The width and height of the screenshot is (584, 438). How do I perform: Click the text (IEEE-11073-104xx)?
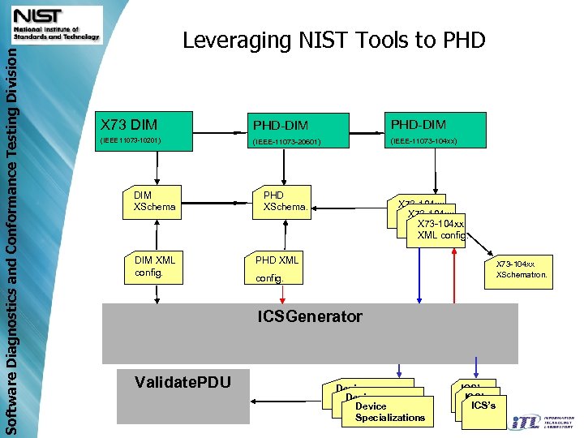(423, 141)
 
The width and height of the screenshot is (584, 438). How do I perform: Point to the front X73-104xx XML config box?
(438, 230)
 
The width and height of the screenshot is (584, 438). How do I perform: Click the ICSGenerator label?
(310, 316)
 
